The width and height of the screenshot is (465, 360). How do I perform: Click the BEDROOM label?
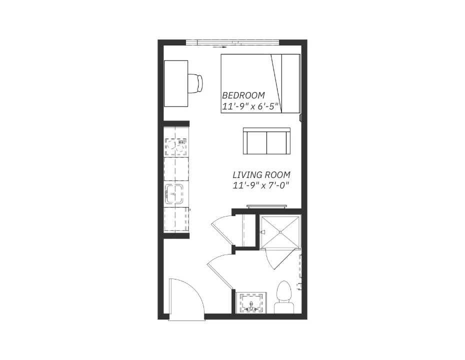tap(243, 95)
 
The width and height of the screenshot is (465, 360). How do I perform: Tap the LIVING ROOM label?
tap(261, 174)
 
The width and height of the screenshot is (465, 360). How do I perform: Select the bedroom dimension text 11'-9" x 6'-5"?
tap(251, 106)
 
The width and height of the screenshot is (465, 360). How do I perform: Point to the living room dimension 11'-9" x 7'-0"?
tap(261, 185)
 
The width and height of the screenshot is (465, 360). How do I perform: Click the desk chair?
tap(195, 83)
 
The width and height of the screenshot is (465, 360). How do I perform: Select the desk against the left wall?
tap(176, 83)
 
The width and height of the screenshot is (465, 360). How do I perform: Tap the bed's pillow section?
tap(290, 83)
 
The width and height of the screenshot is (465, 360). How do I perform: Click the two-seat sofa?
tap(266, 141)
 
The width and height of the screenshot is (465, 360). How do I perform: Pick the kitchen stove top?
tap(176, 146)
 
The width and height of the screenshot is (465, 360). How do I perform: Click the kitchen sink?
tap(174, 193)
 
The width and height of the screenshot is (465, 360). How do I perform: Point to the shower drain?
tap(280, 232)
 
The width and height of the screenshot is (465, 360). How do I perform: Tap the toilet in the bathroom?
tap(284, 297)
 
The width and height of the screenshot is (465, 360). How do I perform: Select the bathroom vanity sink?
tap(251, 303)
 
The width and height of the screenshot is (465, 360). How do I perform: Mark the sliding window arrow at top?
tap(219, 46)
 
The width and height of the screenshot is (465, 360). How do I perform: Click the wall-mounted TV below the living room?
tap(266, 206)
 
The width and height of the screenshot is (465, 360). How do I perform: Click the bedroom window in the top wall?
tap(233, 42)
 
